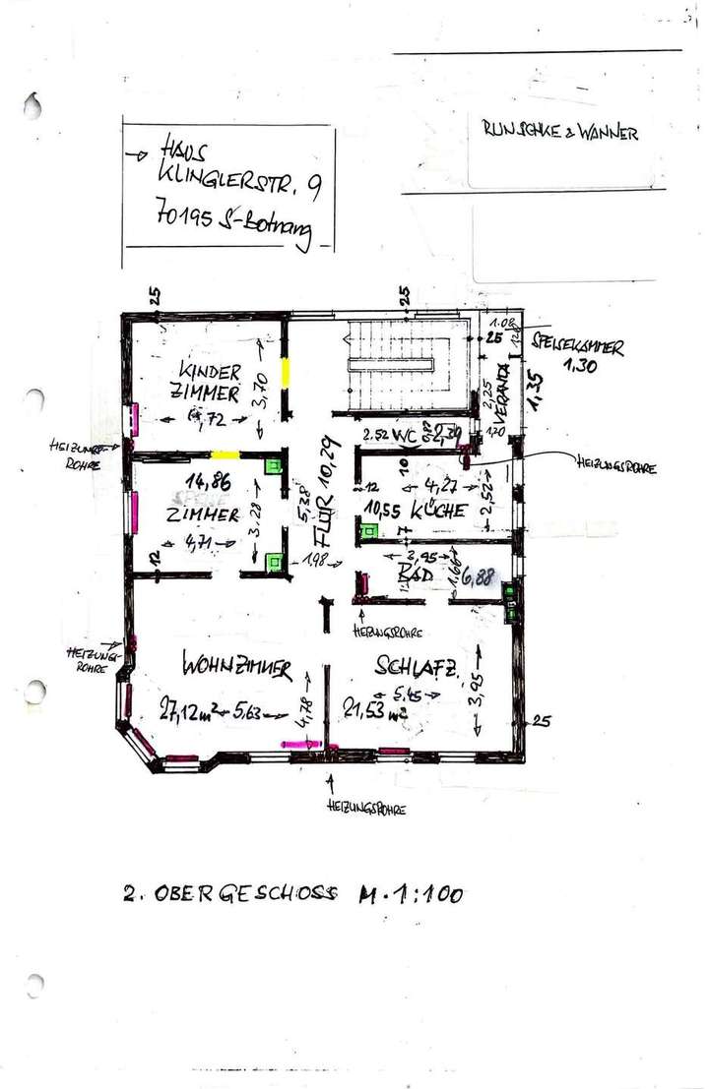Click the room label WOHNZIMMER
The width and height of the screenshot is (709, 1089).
tap(237, 669)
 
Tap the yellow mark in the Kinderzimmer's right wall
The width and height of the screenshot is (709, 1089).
tap(284, 374)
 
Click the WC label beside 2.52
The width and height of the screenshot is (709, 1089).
tap(406, 433)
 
